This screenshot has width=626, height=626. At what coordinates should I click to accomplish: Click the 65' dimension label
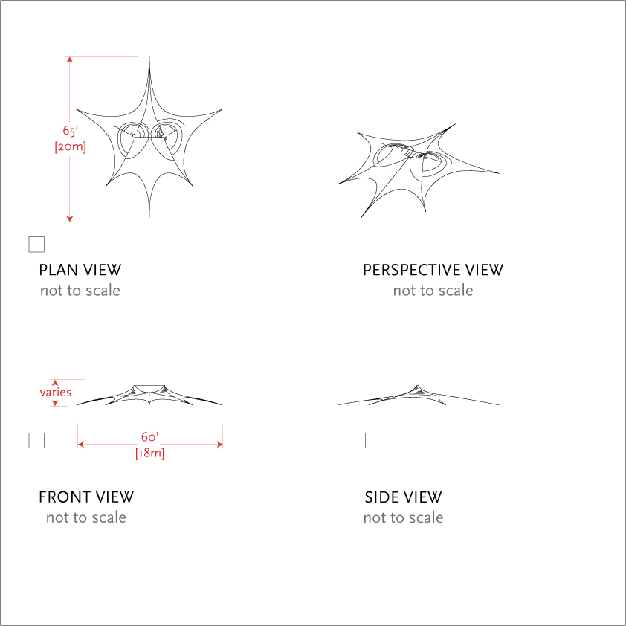tap(70, 131)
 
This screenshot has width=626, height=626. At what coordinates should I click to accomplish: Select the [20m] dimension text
tap(71, 147)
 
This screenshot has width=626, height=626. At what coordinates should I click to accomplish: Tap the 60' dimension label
tap(149, 437)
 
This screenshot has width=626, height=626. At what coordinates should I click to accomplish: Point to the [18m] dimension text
tap(149, 454)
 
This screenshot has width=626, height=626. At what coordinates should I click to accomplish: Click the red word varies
tap(56, 392)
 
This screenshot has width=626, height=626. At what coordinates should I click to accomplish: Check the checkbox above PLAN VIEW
tap(36, 245)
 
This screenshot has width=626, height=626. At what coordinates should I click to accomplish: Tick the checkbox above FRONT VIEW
tap(36, 440)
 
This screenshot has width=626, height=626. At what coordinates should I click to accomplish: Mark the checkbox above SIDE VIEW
tap(373, 440)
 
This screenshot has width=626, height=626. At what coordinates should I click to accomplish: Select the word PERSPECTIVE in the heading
tap(412, 271)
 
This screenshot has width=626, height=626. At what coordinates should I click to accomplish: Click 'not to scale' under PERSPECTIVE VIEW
tap(433, 291)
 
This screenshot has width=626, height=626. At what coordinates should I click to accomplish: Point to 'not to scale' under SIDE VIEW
tap(403, 517)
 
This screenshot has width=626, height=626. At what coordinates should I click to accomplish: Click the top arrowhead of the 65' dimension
tap(69, 59)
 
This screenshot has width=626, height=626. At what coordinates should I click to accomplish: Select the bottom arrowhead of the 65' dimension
tap(69, 219)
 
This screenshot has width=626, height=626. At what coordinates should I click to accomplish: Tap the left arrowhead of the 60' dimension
tap(80, 445)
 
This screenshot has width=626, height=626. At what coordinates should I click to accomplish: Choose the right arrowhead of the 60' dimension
tap(219, 445)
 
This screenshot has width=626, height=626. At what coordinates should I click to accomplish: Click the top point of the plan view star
tap(149, 57)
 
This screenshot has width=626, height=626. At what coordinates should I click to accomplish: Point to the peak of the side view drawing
tap(418, 386)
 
